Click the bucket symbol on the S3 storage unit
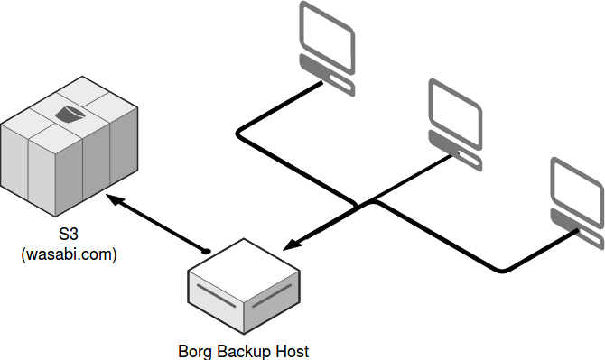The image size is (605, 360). click(70, 114)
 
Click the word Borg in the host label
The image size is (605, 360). click(193, 350)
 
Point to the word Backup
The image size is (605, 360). click(243, 350)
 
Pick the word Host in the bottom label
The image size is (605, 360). click(293, 350)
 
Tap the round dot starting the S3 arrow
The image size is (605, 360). click(207, 249)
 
